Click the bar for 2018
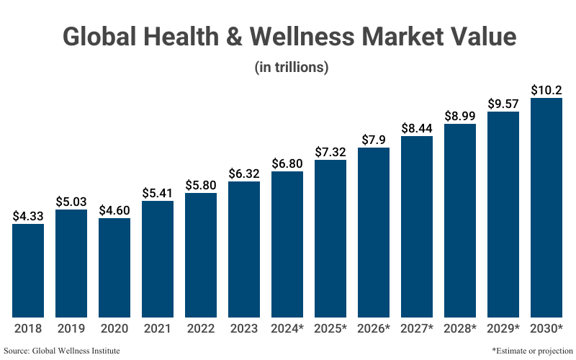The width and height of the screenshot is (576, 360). point(28,270)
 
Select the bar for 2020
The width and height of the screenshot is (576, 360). point(114,267)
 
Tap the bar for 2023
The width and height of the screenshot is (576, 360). point(244,249)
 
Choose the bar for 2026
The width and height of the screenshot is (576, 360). point(374,232)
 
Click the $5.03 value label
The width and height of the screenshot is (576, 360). point(71,200)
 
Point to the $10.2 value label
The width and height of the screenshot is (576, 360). point(546,90)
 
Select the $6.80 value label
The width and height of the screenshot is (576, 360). point(287,163)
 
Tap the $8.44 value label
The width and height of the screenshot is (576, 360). point(417,127)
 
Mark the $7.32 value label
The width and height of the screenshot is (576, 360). point(330,151)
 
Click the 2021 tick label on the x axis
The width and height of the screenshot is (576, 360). point(158,328)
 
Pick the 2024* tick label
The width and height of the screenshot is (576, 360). point(287,328)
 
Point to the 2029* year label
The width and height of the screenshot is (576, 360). point(503,328)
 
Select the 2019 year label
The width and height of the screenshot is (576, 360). point(71,328)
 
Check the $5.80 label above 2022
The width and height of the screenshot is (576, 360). point(201,184)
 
